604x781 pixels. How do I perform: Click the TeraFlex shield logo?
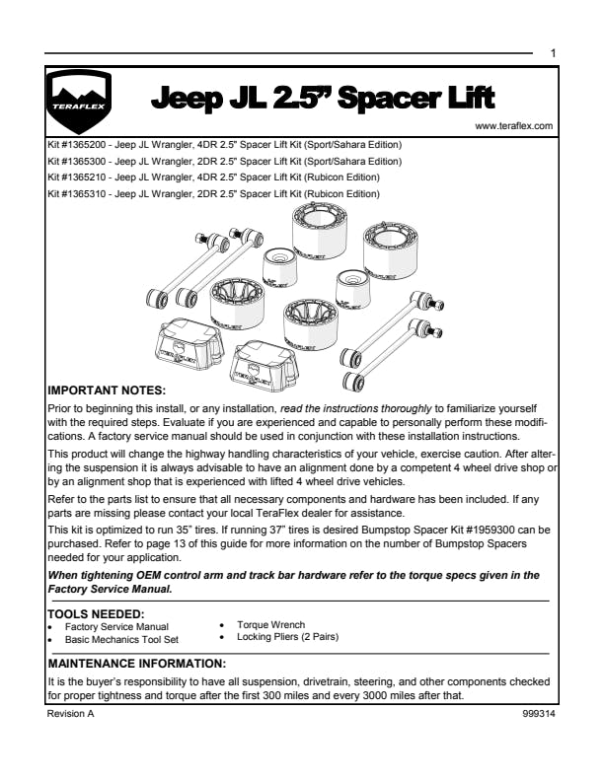click(x=80, y=102)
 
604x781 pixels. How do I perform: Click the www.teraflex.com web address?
click(x=513, y=126)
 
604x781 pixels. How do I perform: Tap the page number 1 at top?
click(x=553, y=52)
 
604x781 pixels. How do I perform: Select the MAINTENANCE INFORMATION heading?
click(x=137, y=663)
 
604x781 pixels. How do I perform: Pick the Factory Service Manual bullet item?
click(x=116, y=627)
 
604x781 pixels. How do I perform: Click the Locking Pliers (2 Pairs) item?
click(x=287, y=637)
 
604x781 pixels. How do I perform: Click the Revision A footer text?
click(x=70, y=713)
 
